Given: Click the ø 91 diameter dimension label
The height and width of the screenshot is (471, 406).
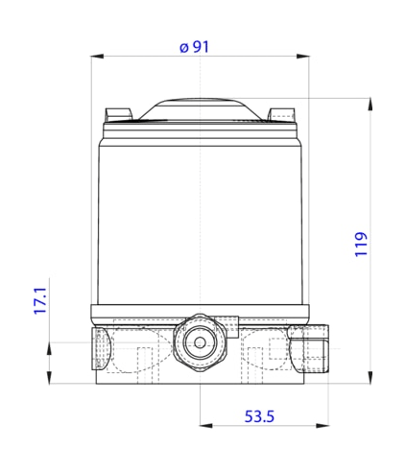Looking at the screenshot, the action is (x=194, y=47).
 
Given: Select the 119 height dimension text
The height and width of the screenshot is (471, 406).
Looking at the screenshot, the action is (x=361, y=245).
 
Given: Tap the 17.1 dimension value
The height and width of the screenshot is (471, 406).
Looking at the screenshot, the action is (x=40, y=300).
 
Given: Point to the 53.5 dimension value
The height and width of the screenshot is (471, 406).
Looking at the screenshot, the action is (x=259, y=416).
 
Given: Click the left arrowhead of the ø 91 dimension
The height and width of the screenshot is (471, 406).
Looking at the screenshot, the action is (x=97, y=57).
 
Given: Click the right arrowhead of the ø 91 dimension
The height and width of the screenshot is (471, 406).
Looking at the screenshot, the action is (x=302, y=57).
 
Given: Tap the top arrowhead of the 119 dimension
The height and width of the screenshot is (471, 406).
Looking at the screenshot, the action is (x=370, y=105).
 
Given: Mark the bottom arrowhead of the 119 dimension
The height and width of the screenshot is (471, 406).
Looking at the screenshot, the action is (x=370, y=378).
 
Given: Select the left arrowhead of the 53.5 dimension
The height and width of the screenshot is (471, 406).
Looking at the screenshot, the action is (x=206, y=426).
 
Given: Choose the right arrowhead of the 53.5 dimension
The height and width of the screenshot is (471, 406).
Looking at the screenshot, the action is (x=322, y=426).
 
